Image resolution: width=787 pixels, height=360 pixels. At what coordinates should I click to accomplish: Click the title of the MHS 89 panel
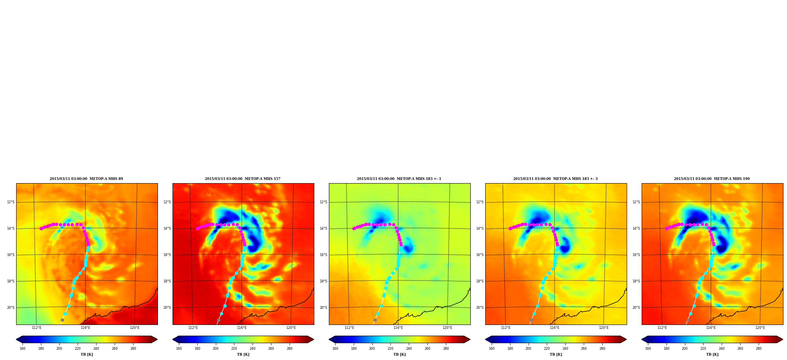86,179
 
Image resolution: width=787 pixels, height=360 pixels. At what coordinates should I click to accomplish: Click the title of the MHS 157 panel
243,179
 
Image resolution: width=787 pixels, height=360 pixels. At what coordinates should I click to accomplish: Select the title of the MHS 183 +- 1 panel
399,179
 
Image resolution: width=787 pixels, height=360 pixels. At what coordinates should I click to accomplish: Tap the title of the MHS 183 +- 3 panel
555,179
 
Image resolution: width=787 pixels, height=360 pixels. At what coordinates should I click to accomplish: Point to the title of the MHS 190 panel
712,179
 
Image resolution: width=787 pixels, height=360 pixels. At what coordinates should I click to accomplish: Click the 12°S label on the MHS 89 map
11,202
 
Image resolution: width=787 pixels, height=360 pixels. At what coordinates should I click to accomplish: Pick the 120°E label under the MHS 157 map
291,328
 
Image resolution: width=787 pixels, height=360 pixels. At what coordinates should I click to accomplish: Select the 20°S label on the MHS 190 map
636,308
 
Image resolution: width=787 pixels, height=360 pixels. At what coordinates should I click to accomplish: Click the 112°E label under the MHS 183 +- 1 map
349,328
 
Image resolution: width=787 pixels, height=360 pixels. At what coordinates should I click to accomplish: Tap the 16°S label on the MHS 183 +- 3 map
480,255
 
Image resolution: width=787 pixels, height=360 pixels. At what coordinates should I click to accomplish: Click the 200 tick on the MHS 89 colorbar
59,349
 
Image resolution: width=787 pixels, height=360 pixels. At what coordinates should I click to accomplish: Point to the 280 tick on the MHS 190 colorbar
759,349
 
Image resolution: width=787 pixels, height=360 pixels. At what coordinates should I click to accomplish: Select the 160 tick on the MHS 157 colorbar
179,349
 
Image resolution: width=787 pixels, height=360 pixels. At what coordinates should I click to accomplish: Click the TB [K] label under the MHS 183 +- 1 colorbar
399,354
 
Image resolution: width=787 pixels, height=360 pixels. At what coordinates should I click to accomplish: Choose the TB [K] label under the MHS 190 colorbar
712,354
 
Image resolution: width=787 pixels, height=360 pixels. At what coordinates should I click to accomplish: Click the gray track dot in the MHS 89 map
62,320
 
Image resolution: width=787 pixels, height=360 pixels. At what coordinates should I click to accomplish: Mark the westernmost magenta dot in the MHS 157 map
197,228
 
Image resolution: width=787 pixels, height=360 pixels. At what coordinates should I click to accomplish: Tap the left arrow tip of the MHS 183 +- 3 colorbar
485,340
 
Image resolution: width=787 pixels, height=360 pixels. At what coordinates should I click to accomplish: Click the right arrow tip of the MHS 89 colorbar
157,340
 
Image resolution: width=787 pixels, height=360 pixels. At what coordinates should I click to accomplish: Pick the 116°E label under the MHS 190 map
711,328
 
